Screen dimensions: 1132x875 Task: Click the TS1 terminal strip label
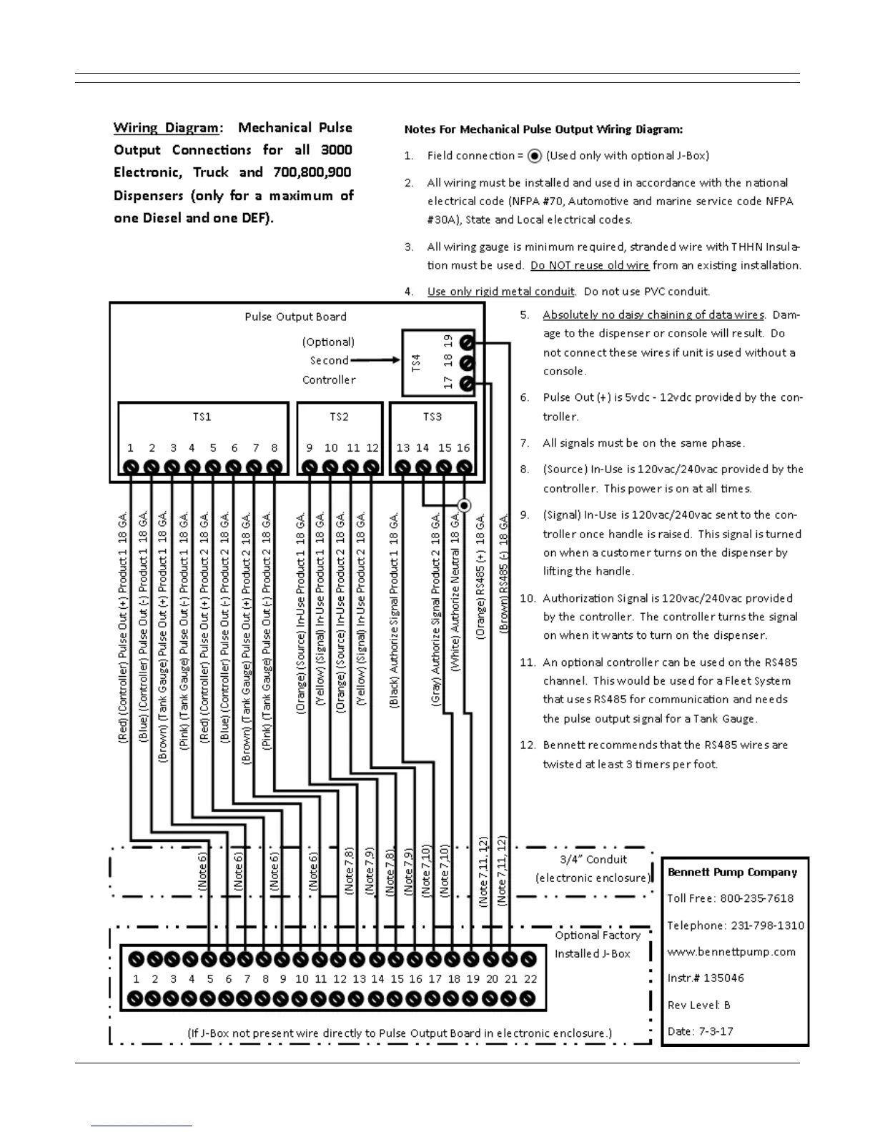[202, 417]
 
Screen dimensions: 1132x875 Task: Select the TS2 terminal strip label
[339, 417]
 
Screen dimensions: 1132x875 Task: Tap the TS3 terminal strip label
[432, 417]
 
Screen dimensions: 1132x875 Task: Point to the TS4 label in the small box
[417, 362]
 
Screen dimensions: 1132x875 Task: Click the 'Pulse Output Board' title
[295, 317]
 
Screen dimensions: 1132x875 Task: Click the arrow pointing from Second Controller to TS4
[375, 360]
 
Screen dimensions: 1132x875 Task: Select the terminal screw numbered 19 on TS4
[466, 342]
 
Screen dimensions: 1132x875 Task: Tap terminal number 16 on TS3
[464, 467]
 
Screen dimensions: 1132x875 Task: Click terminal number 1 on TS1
[130, 467]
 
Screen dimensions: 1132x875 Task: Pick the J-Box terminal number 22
[529, 959]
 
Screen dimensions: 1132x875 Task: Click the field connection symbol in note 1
[534, 156]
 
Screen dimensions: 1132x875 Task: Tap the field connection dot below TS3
[464, 505]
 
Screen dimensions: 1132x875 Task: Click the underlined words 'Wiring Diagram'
[167, 128]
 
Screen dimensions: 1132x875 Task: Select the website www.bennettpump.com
[731, 952]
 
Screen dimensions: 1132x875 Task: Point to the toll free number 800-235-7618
[757, 898]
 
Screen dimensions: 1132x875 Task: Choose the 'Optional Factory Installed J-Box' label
[597, 944]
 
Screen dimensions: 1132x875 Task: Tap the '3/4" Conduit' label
[593, 860]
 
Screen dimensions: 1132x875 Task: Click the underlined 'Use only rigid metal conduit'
[500, 292]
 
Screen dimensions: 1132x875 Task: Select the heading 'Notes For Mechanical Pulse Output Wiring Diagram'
[543, 129]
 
